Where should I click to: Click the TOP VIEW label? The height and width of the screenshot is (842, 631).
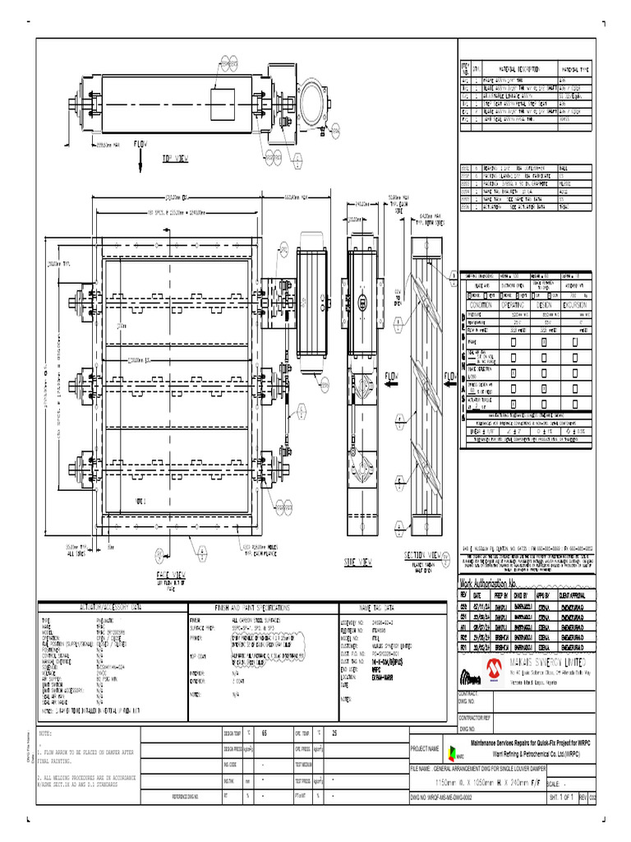click(177, 158)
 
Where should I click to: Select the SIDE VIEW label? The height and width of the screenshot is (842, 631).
click(360, 562)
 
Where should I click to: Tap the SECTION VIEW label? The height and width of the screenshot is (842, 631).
click(423, 555)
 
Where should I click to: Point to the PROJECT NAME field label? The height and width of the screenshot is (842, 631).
click(426, 748)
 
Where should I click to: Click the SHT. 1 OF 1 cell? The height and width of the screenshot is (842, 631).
click(564, 798)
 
